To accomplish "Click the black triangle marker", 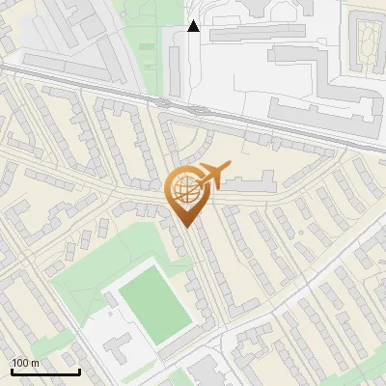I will pyautogui.click(x=194, y=26).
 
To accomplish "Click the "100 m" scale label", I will pyautogui.click(x=26, y=362).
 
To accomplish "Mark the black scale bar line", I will pyautogui.click(x=44, y=372).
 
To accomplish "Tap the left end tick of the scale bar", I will pyautogui.click(x=11, y=370).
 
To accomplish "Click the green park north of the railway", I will pyautogui.click(x=145, y=48).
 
